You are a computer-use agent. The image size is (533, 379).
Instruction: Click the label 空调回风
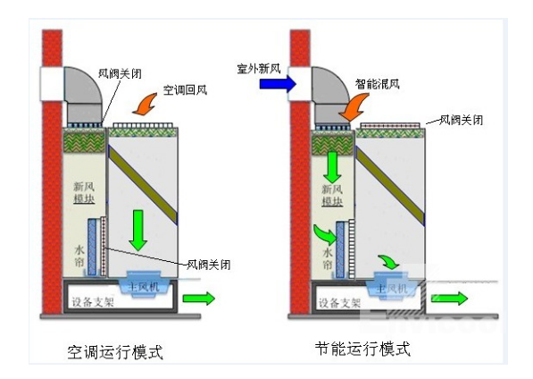point(183,91)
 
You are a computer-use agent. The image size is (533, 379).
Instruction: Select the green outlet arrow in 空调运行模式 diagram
point(199,297)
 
